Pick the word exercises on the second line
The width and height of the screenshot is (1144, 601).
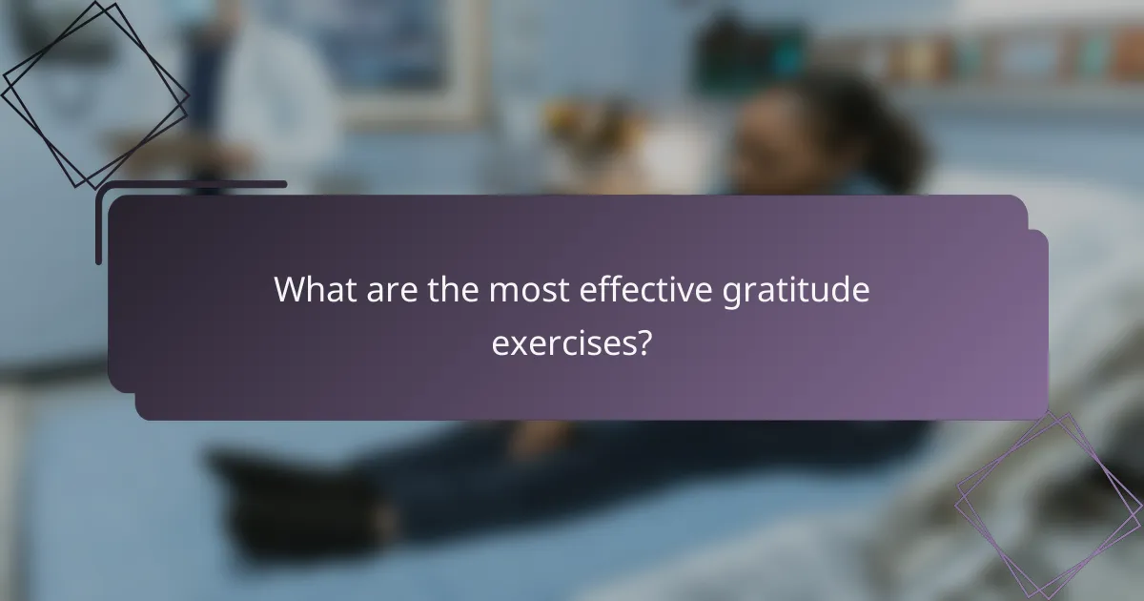[x=563, y=341]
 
